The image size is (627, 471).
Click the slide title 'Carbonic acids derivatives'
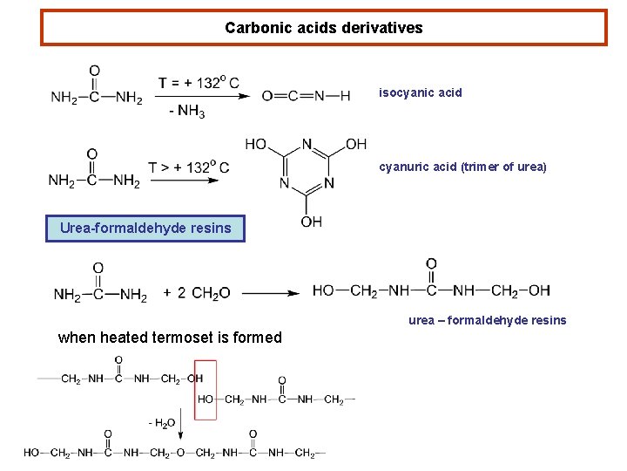coord(323,28)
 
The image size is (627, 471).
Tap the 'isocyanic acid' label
coord(420,92)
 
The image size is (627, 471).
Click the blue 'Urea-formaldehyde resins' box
coord(145,229)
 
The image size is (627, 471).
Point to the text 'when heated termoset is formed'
coord(170,338)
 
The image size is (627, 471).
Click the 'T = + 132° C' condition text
coord(199,83)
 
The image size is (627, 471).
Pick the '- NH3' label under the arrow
coord(187,111)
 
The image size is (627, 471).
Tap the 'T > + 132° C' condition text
coord(188,167)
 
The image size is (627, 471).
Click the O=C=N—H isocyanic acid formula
coord(306,96)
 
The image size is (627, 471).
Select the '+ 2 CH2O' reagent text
coord(197,294)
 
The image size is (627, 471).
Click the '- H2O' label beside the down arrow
coord(162,423)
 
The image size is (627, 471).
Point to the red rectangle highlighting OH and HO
coord(206,389)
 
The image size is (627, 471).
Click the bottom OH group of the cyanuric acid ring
coord(311,222)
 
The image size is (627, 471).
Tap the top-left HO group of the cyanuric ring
coord(256,144)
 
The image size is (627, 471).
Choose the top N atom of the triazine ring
coord(307,144)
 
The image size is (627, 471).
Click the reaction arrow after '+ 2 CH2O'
coord(271,294)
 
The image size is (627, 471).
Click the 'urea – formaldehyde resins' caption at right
coord(487,320)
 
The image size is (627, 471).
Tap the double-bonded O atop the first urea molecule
coord(94,72)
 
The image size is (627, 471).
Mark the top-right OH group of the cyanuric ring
coord(356,144)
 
